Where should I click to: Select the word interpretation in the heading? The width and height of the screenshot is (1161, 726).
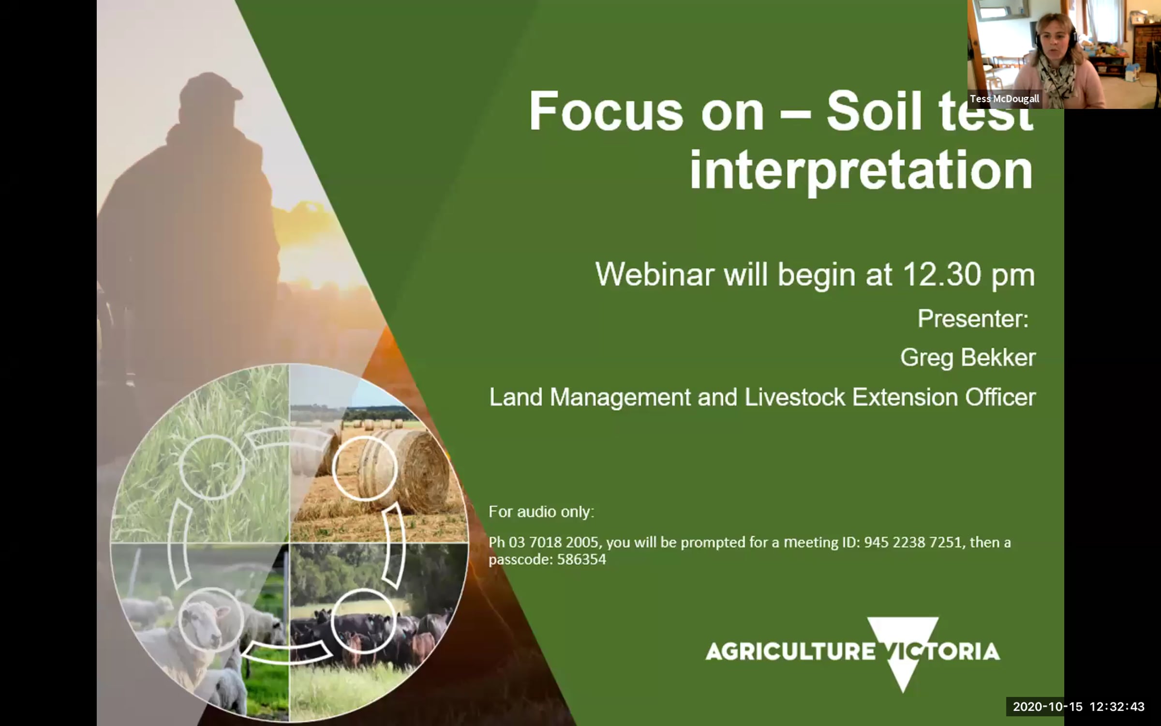pyautogui.click(x=861, y=171)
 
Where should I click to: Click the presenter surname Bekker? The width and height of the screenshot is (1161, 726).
pyautogui.click(x=998, y=358)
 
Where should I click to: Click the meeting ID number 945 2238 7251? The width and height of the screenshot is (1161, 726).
pyautogui.click(x=912, y=542)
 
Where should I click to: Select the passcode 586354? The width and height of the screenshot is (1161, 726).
pyautogui.click(x=581, y=560)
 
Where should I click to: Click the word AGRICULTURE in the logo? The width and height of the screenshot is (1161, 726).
pyautogui.click(x=790, y=651)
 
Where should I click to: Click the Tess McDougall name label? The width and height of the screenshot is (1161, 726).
pyautogui.click(x=1004, y=99)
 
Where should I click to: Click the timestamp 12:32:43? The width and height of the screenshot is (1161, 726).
pyautogui.click(x=1117, y=707)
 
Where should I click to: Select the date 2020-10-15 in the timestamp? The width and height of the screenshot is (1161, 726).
pyautogui.click(x=1047, y=707)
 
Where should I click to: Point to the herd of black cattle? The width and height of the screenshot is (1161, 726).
pyautogui.click(x=372, y=634)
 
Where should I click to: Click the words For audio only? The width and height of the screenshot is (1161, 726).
pyautogui.click(x=541, y=512)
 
